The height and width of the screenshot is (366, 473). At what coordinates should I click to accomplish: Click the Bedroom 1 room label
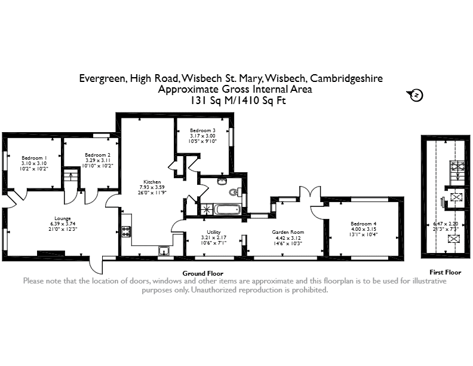click(x=34, y=158)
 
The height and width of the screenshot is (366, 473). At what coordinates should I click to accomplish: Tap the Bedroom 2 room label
click(x=97, y=155)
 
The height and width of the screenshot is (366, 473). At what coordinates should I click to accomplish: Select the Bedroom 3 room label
click(x=202, y=130)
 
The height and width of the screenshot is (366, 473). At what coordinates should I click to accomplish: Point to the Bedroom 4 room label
click(x=364, y=224)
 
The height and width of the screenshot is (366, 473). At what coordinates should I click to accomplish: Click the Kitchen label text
click(x=152, y=182)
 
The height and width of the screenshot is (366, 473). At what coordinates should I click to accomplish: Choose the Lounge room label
click(x=63, y=218)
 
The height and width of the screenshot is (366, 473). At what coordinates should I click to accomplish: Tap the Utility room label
click(x=214, y=232)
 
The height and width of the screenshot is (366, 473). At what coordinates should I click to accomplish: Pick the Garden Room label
click(x=288, y=232)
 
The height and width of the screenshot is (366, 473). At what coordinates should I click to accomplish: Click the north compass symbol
click(x=416, y=95)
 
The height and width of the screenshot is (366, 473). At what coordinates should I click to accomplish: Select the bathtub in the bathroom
click(x=227, y=209)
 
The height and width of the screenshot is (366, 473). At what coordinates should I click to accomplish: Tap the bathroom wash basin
click(x=222, y=181)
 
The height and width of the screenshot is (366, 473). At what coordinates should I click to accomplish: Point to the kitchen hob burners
click(x=126, y=231)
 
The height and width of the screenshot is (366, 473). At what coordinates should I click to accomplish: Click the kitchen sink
click(x=164, y=251)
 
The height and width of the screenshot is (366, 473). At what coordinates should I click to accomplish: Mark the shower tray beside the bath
click(x=207, y=209)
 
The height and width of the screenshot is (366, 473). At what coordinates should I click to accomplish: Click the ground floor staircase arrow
click(x=71, y=176)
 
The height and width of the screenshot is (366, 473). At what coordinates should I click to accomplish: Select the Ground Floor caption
click(x=202, y=273)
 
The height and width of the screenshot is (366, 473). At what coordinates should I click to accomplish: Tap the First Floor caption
click(x=446, y=272)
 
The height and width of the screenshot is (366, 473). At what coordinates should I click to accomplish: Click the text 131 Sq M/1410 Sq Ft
click(x=238, y=100)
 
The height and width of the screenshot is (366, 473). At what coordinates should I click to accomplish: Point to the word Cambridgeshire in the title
click(x=346, y=78)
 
